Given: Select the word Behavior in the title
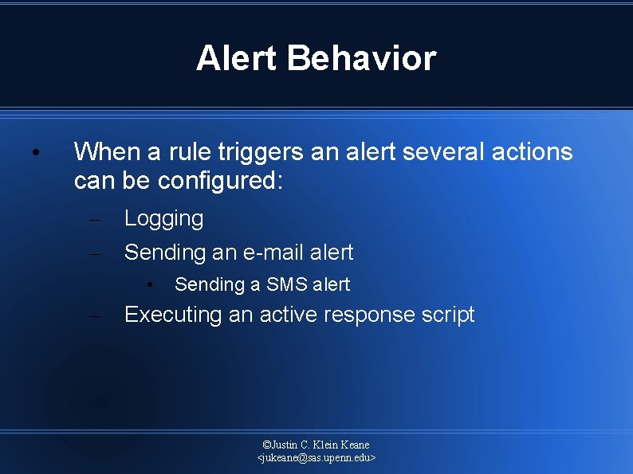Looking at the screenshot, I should pyautogui.click(x=363, y=58).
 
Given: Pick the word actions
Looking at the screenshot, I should pyautogui.click(x=533, y=151).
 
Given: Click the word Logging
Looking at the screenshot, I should pyautogui.click(x=163, y=219).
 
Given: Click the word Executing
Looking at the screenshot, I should pyautogui.click(x=173, y=315).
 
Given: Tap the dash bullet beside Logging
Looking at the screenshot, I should pyautogui.click(x=94, y=219).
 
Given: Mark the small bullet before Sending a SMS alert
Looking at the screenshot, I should pyautogui.click(x=148, y=284).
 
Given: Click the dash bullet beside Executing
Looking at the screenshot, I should pyautogui.click(x=94, y=315).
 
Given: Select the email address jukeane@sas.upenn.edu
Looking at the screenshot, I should pyautogui.click(x=316, y=458).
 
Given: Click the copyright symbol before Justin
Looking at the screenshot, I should pyautogui.click(x=266, y=445).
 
